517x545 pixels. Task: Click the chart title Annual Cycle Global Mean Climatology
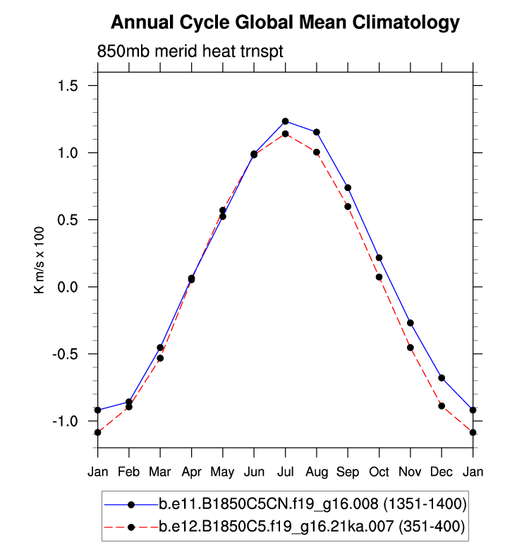click(285, 23)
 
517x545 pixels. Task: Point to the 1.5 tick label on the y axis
click(68, 86)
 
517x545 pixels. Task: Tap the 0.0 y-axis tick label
click(68, 287)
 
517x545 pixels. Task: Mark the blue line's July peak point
click(285, 121)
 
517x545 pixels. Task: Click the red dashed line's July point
click(285, 134)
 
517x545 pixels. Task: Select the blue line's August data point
click(317, 132)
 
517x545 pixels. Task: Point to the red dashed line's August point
click(317, 152)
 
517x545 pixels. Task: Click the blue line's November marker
click(410, 323)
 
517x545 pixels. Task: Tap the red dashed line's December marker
click(442, 405)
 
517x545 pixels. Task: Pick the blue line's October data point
click(379, 258)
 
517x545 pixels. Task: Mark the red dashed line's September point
click(348, 207)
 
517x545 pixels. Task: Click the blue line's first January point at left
click(97, 410)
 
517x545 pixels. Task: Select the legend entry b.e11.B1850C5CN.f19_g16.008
click(312, 504)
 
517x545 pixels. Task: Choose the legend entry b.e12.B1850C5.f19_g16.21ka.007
click(312, 526)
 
